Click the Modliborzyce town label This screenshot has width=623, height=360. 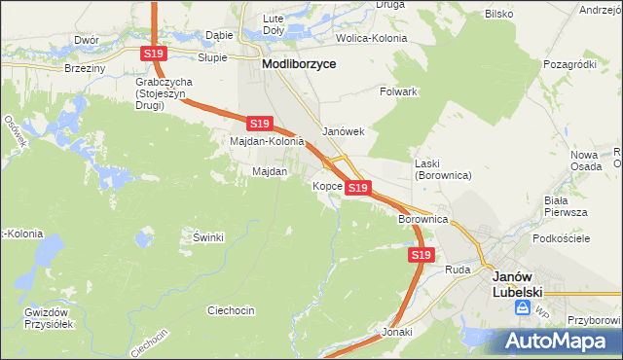click(299, 63)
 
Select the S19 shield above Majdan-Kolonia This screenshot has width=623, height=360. click(258, 124)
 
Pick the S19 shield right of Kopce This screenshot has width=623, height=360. click(357, 187)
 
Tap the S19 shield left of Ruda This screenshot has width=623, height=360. click(420, 255)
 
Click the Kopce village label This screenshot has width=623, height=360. click(326, 185)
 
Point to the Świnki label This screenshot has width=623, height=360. click(208, 237)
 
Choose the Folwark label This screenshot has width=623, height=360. click(398, 91)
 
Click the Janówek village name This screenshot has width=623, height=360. click(343, 132)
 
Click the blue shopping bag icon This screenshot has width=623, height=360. click(524, 307)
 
